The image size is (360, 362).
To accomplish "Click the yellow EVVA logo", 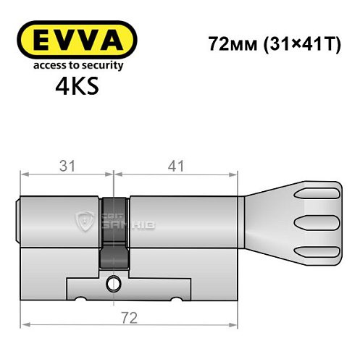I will (x=77, y=39).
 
